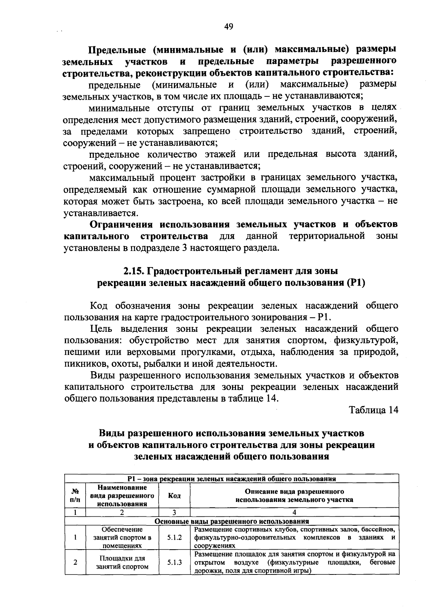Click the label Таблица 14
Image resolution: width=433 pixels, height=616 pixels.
373,410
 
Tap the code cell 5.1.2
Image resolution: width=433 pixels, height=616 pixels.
174,538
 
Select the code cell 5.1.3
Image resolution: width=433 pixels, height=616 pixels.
174,562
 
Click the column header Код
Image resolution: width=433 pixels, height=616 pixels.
174,496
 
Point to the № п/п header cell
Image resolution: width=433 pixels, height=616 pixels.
75,496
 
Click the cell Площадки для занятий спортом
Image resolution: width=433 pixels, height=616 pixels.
122,562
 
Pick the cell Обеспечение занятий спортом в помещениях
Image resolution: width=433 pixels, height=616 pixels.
122,538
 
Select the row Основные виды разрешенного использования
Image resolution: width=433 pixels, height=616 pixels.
232,521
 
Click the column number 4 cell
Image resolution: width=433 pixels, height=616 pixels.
294,512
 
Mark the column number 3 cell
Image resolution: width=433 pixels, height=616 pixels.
174,512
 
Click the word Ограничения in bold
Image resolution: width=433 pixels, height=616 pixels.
122,225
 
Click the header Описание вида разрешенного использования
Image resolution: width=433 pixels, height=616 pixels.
294,496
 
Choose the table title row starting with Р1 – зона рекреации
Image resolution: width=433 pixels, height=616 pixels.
232,479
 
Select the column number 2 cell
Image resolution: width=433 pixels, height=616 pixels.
122,512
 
